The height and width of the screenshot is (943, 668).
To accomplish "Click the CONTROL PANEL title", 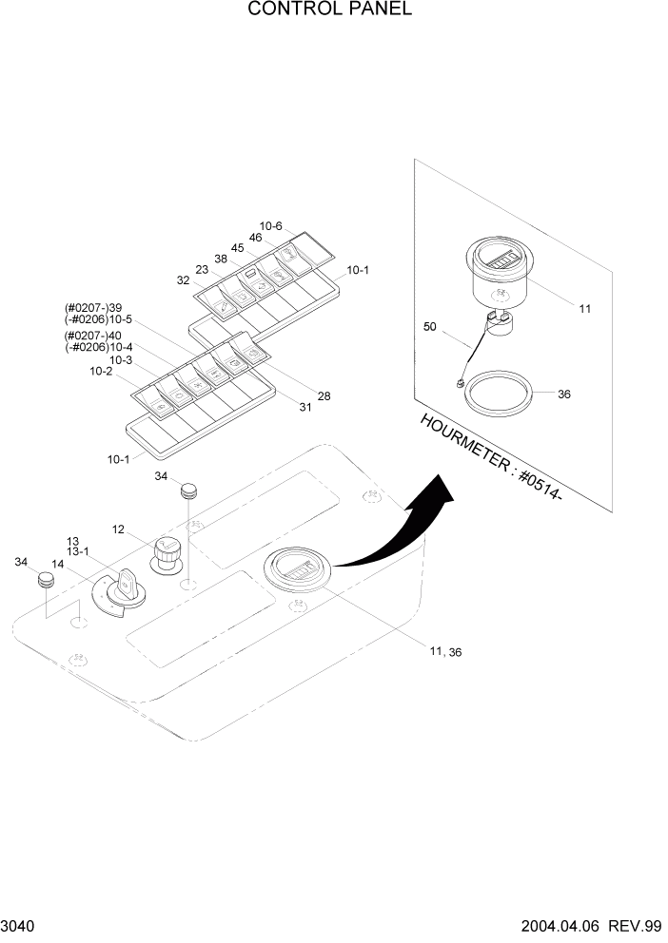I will (329, 10).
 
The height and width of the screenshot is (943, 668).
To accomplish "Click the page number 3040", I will (20, 926).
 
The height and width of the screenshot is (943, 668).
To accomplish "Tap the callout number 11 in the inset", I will (584, 308).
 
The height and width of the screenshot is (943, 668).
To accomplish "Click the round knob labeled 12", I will (167, 552).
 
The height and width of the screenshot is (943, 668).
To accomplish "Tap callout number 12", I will (119, 529).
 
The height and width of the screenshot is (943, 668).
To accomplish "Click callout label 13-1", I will (78, 551).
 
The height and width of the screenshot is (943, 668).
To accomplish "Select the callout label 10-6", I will (271, 225).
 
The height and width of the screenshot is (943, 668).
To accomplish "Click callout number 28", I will (324, 395).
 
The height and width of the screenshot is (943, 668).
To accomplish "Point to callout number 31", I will (306, 408).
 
